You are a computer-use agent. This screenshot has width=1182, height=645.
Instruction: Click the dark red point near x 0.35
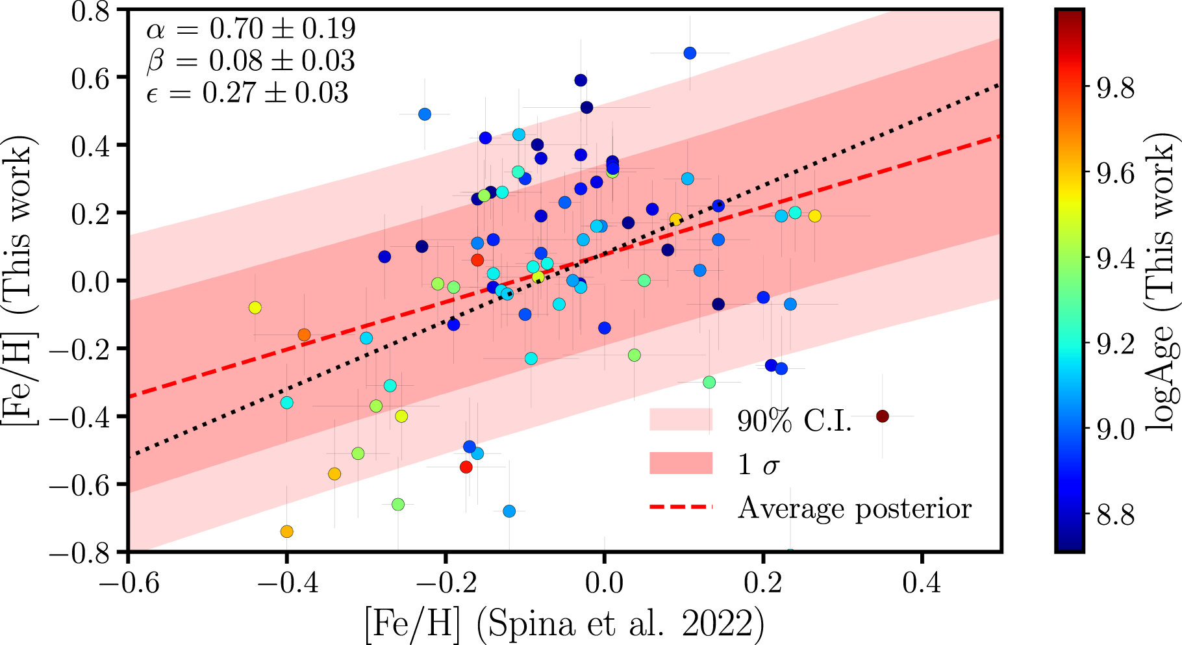point(882,416)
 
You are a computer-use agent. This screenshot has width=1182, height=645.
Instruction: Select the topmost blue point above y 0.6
point(690,53)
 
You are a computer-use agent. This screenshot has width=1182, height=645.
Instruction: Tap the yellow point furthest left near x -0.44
point(255,308)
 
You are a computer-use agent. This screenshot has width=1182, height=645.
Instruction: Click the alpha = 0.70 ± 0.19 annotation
point(251,29)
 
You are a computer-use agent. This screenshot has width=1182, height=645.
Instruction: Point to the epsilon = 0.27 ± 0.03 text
point(247,93)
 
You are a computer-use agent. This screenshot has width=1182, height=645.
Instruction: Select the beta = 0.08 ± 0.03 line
point(251,60)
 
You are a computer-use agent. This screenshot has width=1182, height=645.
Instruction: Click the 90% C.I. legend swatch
point(681,420)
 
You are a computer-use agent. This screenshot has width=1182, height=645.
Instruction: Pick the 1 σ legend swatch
point(681,464)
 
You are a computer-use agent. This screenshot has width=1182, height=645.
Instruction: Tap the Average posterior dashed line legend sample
point(681,507)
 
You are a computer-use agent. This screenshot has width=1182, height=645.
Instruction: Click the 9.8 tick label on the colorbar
point(1115,88)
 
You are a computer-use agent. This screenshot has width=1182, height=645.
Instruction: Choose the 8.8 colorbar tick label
point(1115,515)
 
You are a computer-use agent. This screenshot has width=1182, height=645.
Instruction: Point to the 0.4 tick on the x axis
point(921,583)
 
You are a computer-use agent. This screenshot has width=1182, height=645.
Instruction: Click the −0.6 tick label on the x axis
point(129,583)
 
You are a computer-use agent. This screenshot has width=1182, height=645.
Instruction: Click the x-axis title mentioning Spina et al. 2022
point(564,624)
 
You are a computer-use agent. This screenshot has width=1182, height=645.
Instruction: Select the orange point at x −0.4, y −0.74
point(286,532)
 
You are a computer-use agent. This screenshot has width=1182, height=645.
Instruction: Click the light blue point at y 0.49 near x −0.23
point(425,114)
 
